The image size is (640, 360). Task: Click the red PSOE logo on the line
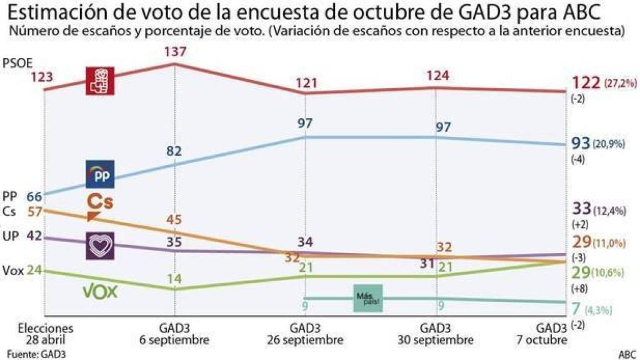click(x=100, y=81)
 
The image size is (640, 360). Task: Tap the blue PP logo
click(x=100, y=174)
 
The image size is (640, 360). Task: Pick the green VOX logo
click(x=101, y=291)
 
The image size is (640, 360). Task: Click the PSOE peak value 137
click(x=175, y=52)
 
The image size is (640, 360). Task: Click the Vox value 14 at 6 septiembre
click(x=174, y=279)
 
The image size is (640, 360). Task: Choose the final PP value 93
click(x=581, y=144)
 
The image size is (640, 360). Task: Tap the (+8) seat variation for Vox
click(x=577, y=289)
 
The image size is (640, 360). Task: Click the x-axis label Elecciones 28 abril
click(x=46, y=334)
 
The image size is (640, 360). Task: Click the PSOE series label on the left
click(x=17, y=63)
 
